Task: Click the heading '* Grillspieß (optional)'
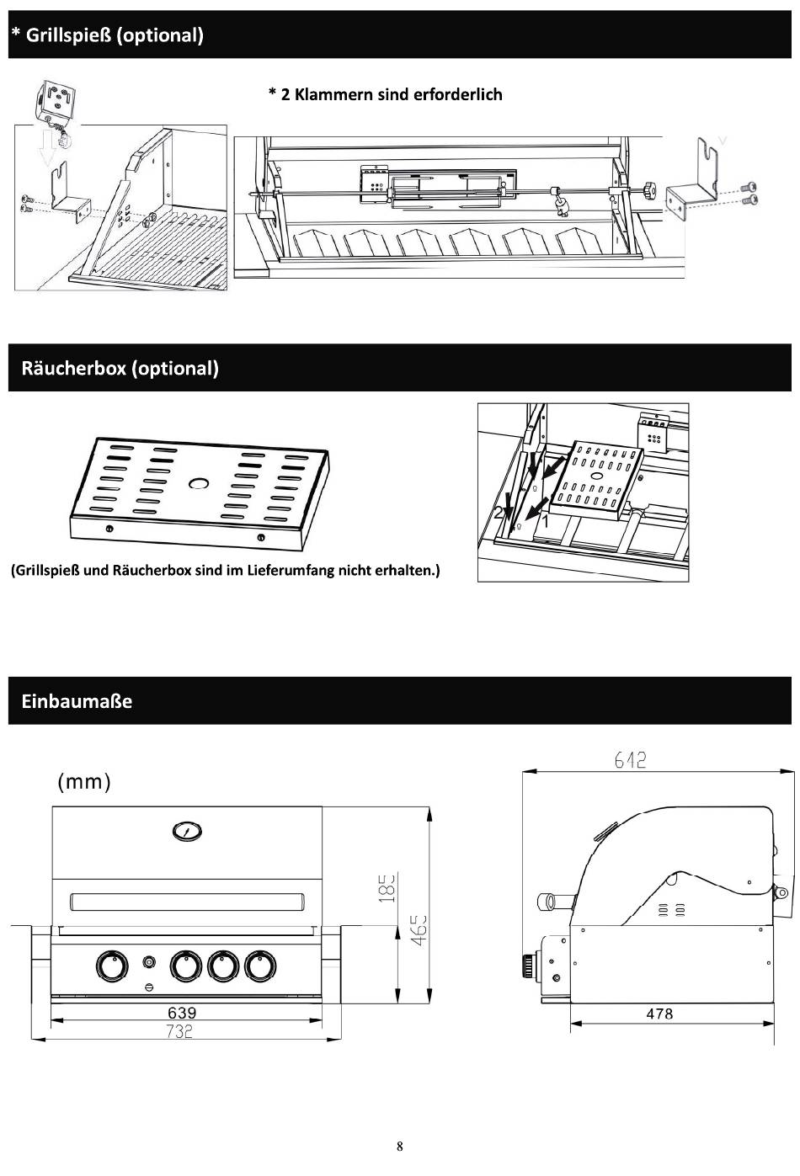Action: [x=108, y=35]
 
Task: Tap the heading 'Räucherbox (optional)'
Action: [x=120, y=368]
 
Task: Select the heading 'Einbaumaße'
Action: [x=77, y=701]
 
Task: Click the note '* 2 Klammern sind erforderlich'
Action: [x=385, y=94]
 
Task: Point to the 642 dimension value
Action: [x=630, y=760]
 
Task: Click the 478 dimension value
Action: [x=659, y=1014]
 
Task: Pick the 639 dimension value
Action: [x=182, y=1013]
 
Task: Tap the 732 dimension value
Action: [x=180, y=1031]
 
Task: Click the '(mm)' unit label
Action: [x=84, y=781]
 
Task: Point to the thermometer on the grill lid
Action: [x=187, y=832]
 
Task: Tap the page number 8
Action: [x=400, y=1146]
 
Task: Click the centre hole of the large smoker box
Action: [x=200, y=482]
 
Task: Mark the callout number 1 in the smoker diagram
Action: [x=544, y=522]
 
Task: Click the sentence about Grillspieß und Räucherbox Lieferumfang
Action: [x=225, y=571]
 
